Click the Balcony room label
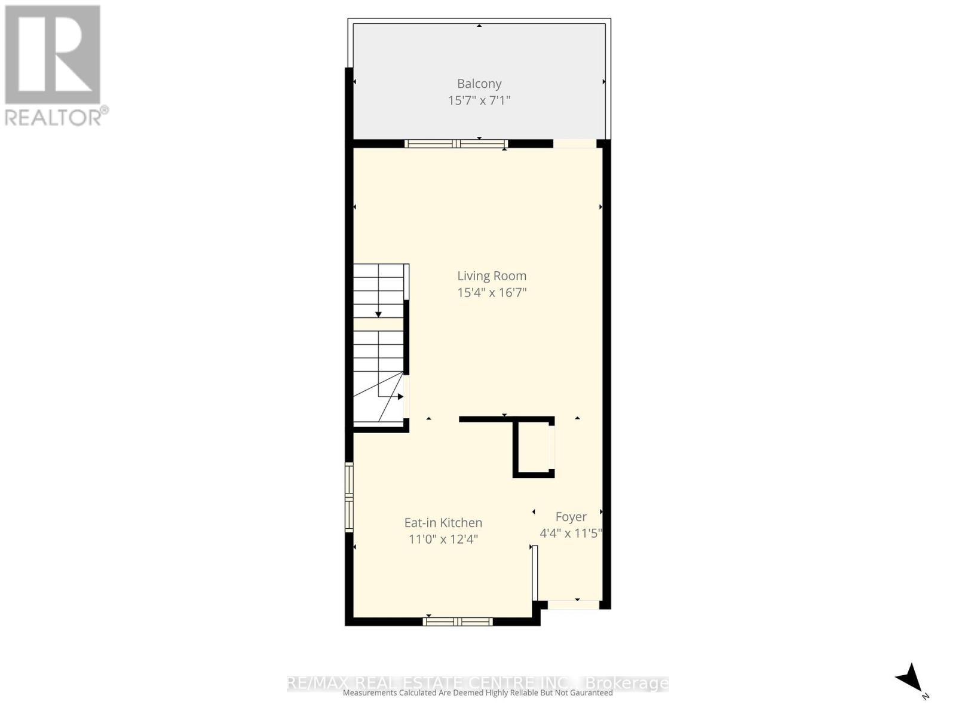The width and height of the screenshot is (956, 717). (479, 84)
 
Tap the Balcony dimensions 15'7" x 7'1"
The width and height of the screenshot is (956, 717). (479, 100)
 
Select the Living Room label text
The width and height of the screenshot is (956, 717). (492, 275)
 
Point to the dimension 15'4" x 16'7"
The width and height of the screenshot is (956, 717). (492, 292)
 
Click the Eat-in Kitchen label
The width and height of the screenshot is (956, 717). (443, 522)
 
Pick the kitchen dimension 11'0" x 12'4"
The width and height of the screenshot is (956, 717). (443, 539)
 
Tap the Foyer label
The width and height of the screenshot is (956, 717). (571, 516)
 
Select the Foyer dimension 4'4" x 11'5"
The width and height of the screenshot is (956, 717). (571, 533)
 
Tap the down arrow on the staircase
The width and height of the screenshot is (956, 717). (378, 314)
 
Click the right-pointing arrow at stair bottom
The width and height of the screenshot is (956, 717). (400, 396)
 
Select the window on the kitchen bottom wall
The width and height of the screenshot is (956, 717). (458, 621)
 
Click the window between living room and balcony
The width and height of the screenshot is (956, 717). (456, 143)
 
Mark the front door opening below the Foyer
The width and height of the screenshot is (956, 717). (574, 605)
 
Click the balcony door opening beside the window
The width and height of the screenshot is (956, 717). (575, 143)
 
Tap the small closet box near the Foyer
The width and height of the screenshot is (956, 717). (533, 446)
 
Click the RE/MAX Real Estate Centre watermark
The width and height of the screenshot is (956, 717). (478, 682)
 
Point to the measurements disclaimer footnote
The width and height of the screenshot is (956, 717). (478, 693)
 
